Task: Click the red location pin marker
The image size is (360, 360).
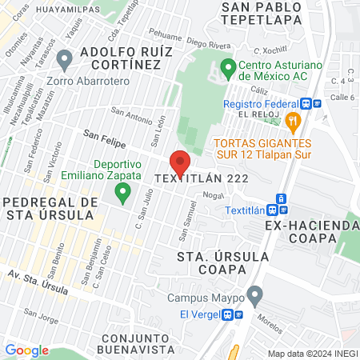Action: point(181,162)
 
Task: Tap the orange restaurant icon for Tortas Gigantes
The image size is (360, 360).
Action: point(294,122)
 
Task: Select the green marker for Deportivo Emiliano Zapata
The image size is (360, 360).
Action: point(122,192)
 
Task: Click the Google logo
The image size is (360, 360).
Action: point(26,350)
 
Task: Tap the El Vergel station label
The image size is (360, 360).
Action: point(200,314)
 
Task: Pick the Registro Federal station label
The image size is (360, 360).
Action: point(262,103)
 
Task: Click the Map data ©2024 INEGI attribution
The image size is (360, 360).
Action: point(313,354)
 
